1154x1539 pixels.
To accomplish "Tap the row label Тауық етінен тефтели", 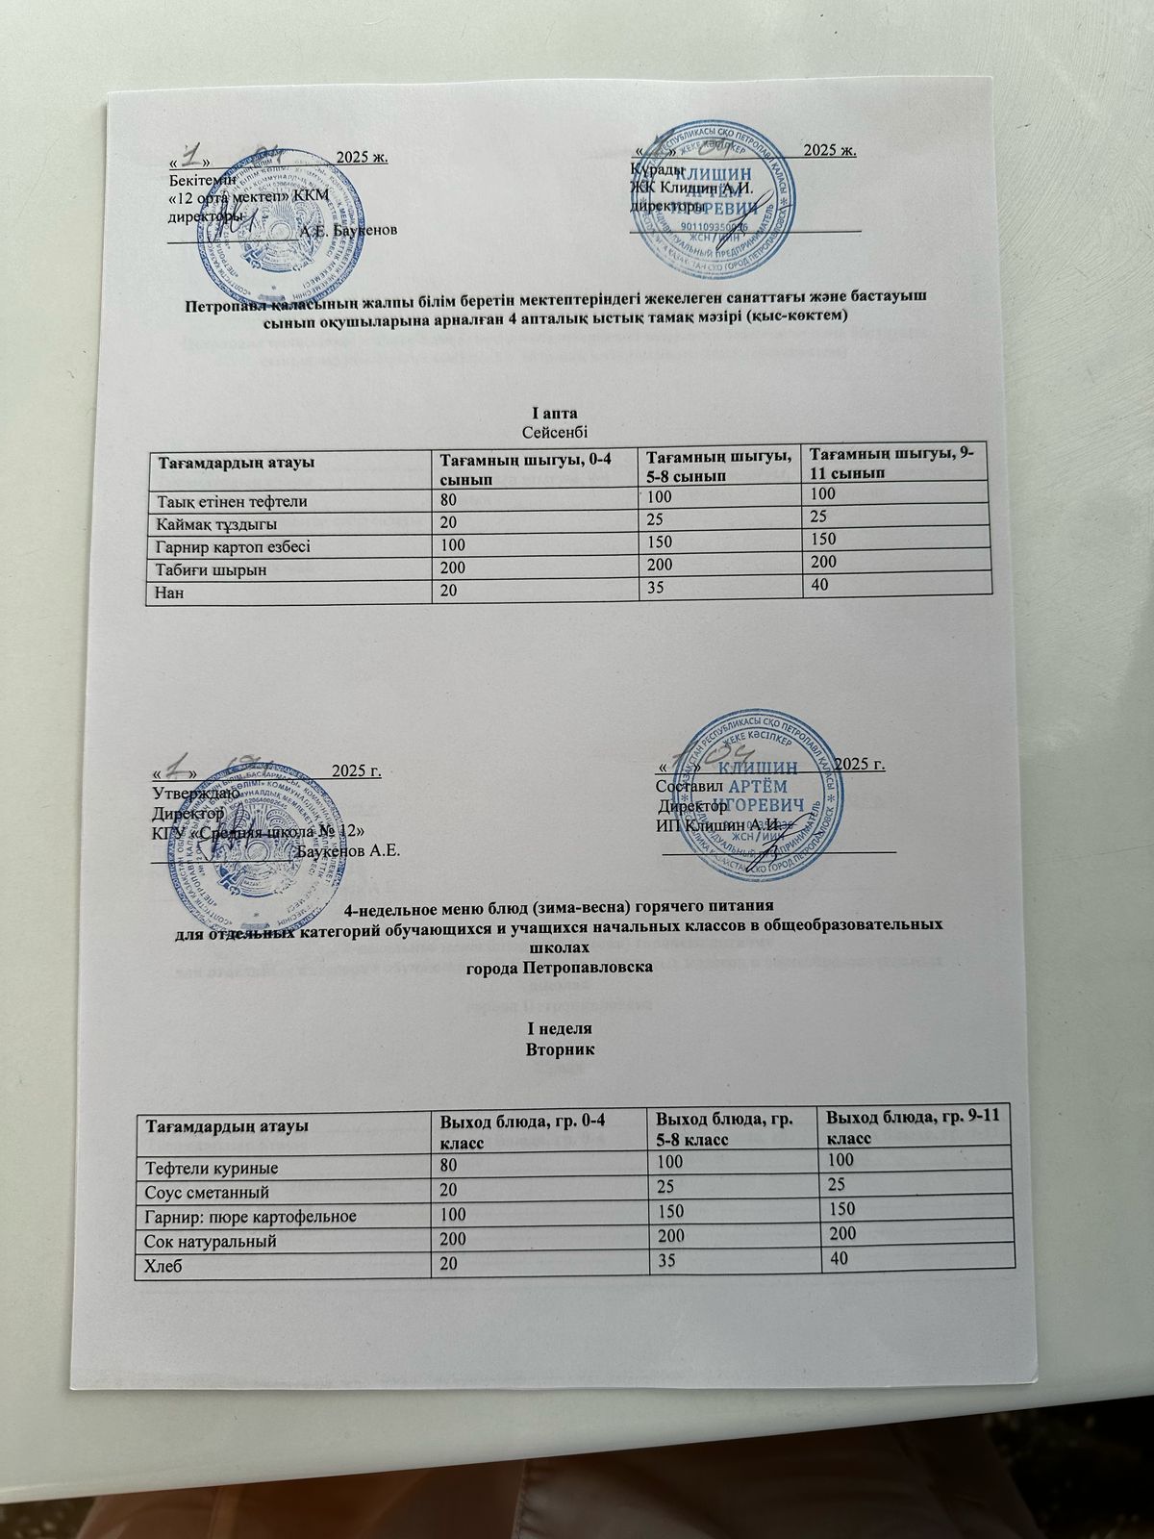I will [x=234, y=501].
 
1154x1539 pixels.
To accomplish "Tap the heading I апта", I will [x=555, y=413].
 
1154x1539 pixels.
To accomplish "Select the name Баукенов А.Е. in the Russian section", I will [x=349, y=851].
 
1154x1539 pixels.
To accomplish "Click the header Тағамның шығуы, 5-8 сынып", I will [x=719, y=466].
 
